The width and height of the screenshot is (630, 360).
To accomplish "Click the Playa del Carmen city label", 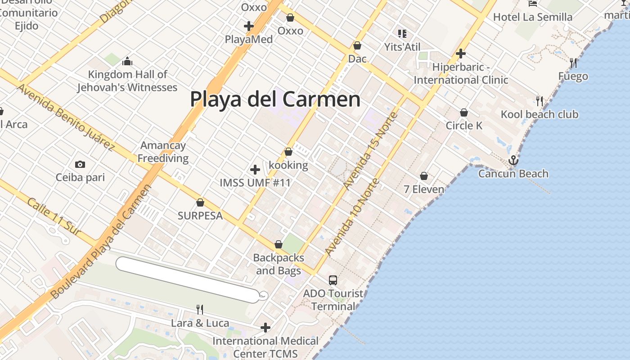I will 275,99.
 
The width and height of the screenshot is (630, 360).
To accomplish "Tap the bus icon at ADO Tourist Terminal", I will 333,280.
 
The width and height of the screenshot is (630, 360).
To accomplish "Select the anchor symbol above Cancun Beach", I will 513,160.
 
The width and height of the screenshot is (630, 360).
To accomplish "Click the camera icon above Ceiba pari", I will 80,165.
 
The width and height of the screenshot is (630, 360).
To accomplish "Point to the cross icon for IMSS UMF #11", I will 255,170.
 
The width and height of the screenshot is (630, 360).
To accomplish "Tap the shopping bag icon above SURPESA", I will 200,203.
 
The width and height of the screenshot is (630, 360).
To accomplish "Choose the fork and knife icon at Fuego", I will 573,63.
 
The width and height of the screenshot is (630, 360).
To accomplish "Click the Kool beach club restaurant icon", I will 540,101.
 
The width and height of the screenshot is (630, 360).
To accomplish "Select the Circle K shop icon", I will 464,112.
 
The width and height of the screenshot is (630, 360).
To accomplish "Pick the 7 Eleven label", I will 424,189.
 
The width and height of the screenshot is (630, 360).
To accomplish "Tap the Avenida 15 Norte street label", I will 370,151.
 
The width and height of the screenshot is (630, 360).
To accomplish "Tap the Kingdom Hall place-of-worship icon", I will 127,61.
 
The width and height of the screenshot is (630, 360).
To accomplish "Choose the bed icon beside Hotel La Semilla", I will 533,4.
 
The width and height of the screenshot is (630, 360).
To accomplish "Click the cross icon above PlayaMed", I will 248,26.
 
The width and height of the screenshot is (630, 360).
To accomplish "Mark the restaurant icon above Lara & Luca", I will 200,310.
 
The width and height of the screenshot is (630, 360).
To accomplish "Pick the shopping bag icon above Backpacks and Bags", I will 279,245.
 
